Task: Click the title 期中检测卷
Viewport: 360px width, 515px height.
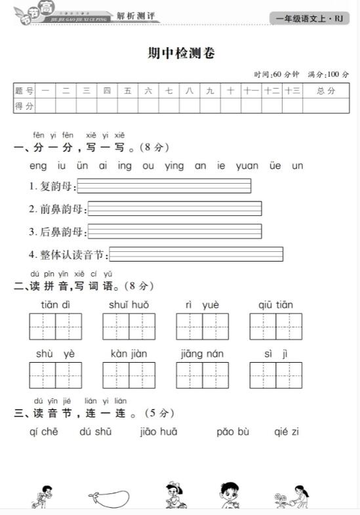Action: pyautogui.click(x=181, y=54)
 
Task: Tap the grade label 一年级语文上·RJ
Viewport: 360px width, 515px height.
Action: pyautogui.click(x=310, y=18)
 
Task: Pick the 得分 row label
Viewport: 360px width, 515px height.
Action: pyautogui.click(x=24, y=106)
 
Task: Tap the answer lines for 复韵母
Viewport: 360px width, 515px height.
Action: pyautogui.click(x=164, y=186)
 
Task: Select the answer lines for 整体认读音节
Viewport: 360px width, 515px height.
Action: pyautogui.click(x=196, y=255)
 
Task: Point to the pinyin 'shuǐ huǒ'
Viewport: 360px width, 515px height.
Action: pyautogui.click(x=129, y=305)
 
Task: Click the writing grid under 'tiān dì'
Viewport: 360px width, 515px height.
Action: pyautogui.click(x=55, y=327)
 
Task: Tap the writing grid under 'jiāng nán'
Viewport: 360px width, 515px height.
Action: pyautogui.click(x=202, y=375)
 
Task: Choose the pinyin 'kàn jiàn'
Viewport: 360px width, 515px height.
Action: pyautogui.click(x=129, y=354)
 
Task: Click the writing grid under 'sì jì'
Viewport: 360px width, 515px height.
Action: pyautogui.click(x=275, y=375)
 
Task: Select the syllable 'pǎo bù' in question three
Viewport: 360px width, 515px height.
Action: pyautogui.click(x=233, y=432)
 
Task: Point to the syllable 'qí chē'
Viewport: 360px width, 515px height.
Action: pyautogui.click(x=44, y=432)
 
